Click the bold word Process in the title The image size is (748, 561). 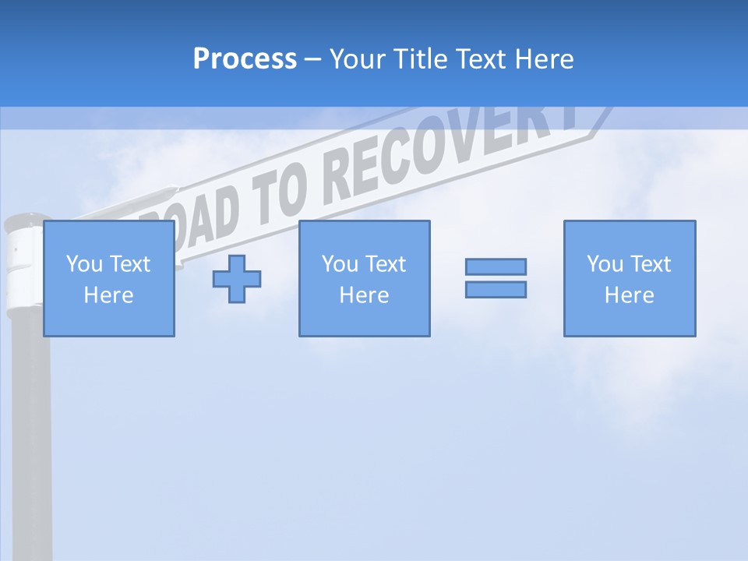point(245,59)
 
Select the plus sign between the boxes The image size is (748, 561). point(237,278)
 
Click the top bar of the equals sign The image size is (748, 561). point(496,266)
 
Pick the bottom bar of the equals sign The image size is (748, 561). point(496,289)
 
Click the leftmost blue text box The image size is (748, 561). point(109,278)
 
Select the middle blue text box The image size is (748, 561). point(365,278)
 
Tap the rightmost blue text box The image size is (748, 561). point(630,278)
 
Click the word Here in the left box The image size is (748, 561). point(108,295)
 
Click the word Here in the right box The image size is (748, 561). point(629,295)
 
